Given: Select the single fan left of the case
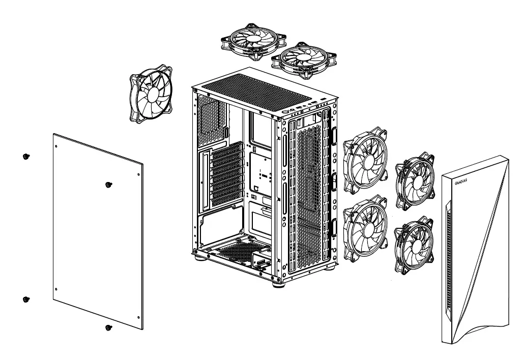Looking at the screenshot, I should coord(151,94).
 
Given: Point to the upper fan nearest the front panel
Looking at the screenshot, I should coord(415,182).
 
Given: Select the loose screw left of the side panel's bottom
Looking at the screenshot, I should coord(26,300).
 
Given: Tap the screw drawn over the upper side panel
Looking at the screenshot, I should coord(107,185).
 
